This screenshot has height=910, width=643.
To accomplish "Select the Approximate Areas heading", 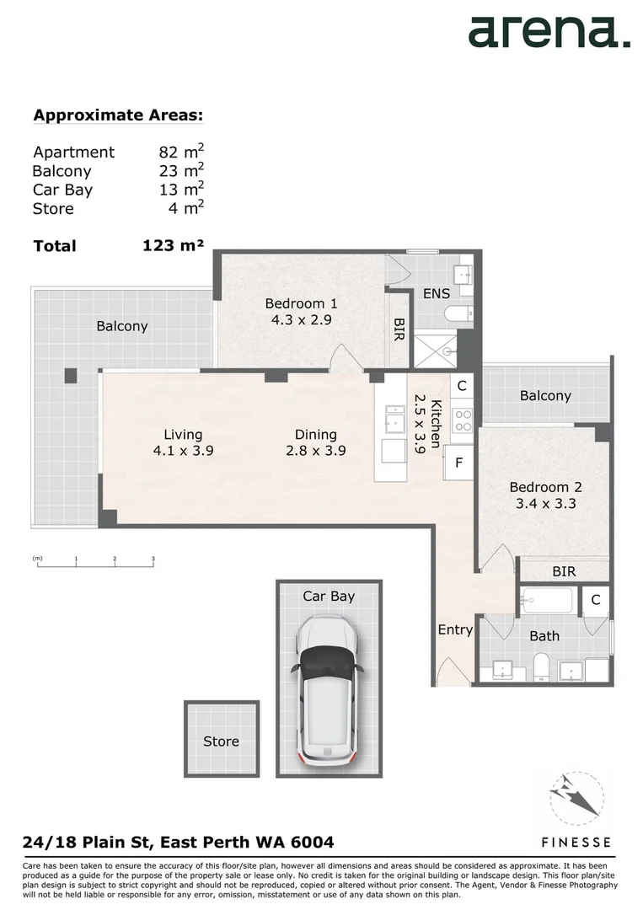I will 118,115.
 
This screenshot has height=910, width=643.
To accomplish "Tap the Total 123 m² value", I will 173,245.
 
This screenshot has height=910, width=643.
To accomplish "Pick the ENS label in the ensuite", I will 437,294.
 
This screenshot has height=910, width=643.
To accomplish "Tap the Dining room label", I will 315,435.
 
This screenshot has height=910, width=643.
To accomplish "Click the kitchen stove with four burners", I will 462,420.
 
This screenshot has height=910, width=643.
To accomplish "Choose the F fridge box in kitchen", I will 458,462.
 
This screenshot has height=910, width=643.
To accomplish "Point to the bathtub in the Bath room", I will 546,601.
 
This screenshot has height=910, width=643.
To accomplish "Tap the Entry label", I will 455,629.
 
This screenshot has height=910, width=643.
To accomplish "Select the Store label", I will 221,741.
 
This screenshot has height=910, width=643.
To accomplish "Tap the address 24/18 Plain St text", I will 177,842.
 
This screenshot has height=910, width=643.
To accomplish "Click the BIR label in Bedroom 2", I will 564,571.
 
